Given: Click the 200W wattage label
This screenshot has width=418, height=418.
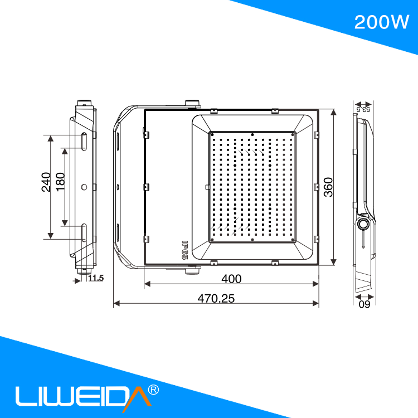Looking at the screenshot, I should pos(382,22).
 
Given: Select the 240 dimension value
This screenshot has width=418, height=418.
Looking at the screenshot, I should pos(47,182).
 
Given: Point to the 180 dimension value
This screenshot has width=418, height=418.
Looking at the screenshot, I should pos(60,182).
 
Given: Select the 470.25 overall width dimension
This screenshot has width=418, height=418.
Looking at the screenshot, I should pos(216,298).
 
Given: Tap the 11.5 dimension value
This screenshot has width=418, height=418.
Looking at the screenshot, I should pos(96,278).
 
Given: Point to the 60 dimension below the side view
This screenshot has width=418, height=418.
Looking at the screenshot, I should pos(364,304).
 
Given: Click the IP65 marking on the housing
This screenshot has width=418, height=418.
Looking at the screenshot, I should pos(184,250).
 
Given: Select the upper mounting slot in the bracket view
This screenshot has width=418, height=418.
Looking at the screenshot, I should pos(83,142).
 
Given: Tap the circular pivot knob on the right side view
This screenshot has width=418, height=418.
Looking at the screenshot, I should pos(363,224).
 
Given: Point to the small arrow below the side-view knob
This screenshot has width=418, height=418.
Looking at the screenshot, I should pos(363,241).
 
